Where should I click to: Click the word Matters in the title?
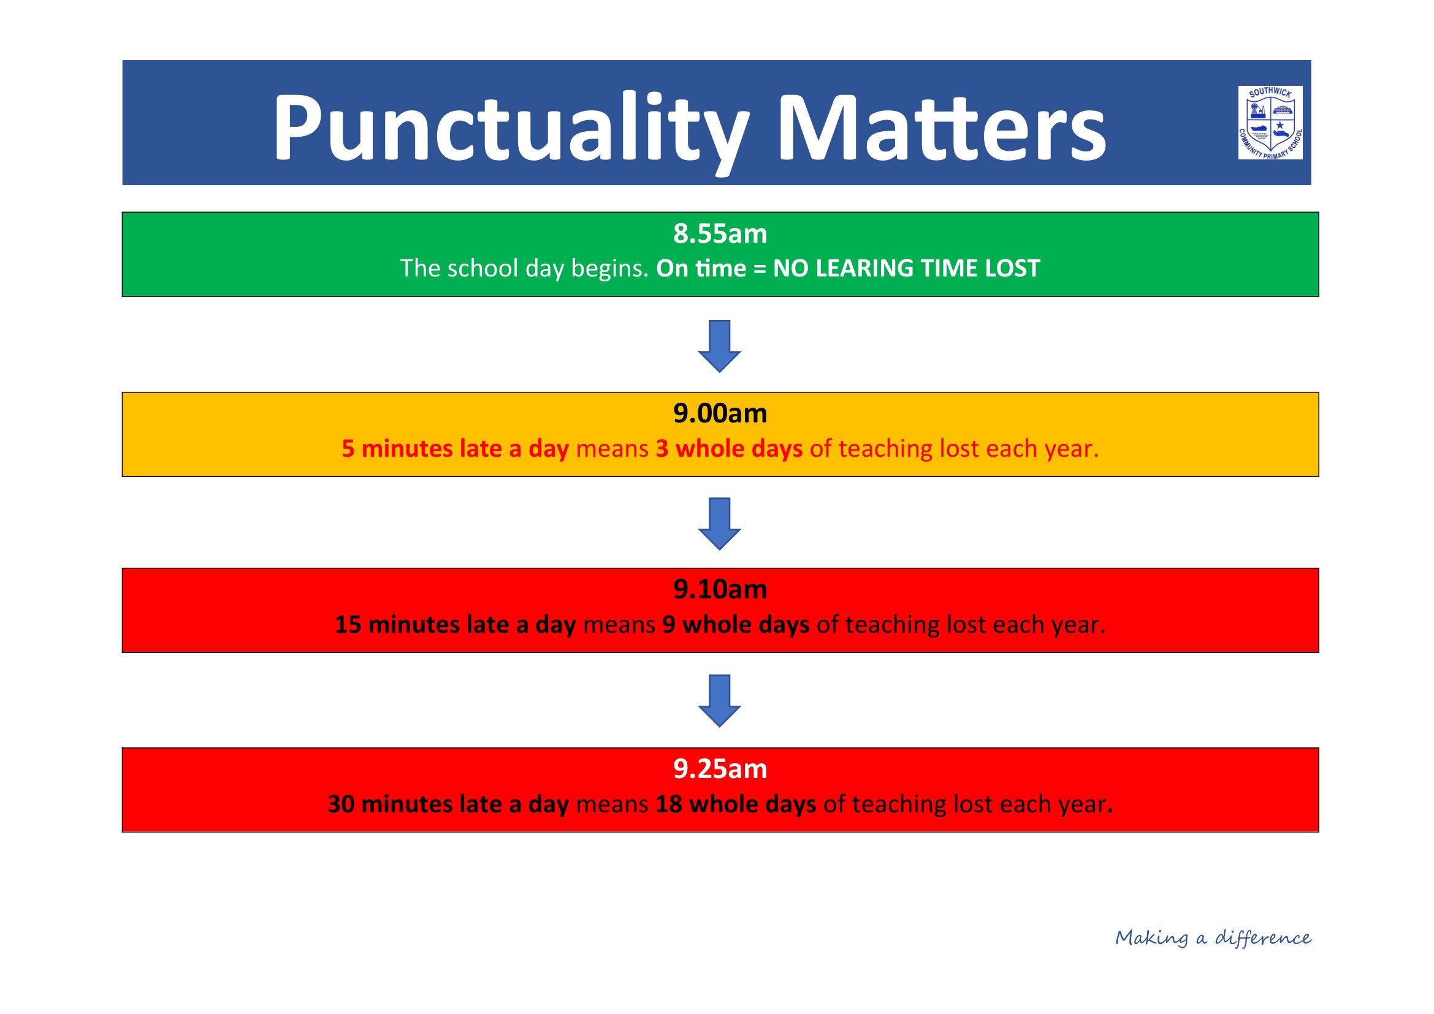(942, 128)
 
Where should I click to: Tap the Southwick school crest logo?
(1270, 123)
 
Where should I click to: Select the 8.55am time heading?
(720, 234)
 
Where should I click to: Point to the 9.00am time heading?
(720, 413)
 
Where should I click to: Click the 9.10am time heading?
(720, 589)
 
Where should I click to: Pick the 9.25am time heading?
(720, 769)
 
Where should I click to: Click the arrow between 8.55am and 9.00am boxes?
(720, 346)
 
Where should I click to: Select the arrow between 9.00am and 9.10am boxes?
(720, 524)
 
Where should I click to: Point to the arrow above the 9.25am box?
(720, 701)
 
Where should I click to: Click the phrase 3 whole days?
(729, 449)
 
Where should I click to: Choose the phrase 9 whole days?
(736, 625)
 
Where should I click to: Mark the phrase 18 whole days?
(736, 805)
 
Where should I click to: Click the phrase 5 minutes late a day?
(456, 449)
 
